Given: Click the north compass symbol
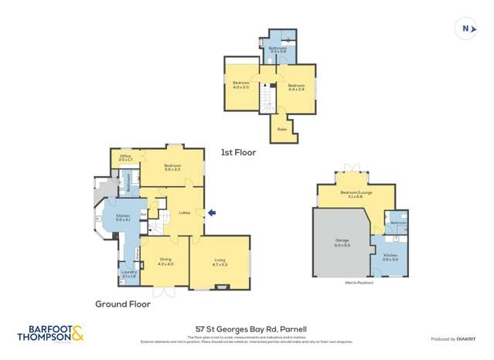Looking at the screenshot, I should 465,29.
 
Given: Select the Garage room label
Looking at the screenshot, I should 342,243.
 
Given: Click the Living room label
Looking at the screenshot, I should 220,262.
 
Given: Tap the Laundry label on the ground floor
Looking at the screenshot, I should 128,273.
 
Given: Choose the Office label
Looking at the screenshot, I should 126,158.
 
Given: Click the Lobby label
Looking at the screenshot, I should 184,212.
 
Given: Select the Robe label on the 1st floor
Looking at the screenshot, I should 281,130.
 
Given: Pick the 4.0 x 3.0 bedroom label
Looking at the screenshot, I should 241,84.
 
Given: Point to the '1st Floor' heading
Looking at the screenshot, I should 238,153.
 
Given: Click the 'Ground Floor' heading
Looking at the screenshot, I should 123,304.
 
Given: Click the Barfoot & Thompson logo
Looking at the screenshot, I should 50,333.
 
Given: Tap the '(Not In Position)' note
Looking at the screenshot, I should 359,284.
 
